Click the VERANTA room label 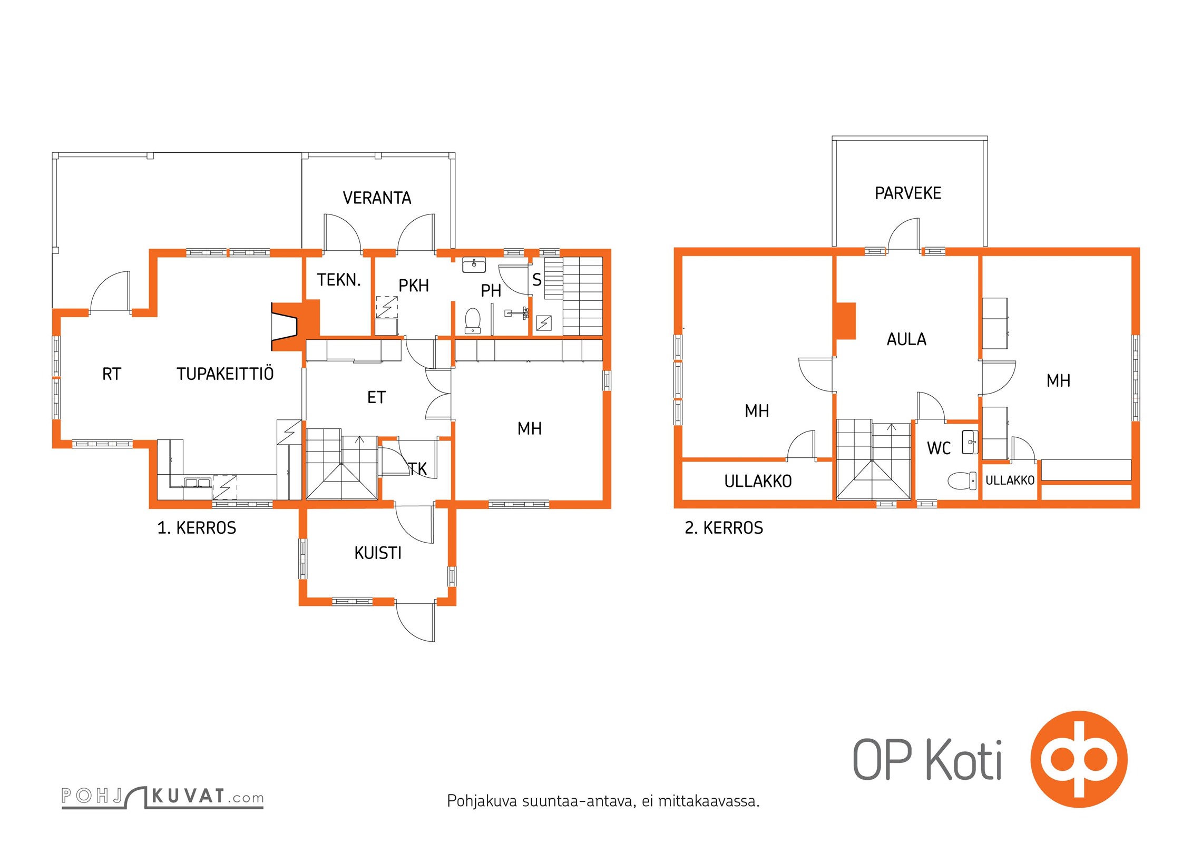[x=377, y=198]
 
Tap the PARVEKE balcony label [x=908, y=193]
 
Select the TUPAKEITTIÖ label [x=225, y=374]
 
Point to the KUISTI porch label [x=378, y=553]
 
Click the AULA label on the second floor [x=906, y=339]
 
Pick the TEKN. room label [x=339, y=280]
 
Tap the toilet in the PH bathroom [x=473, y=321]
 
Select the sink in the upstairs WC [x=970, y=442]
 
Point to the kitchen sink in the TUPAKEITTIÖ [x=197, y=482]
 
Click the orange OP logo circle [x=1079, y=759]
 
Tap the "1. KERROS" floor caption [x=197, y=528]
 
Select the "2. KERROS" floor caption [x=724, y=528]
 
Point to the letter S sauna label [x=537, y=280]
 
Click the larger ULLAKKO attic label [x=758, y=481]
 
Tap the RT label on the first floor [x=112, y=374]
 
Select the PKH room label [x=414, y=286]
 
